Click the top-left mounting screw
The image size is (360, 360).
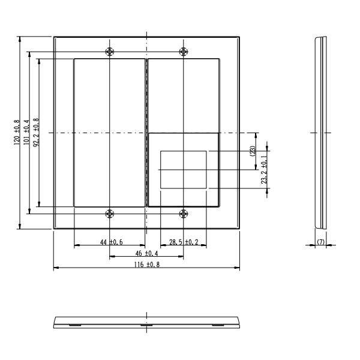110,52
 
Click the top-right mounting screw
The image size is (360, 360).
184,52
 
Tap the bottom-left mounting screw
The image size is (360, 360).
110,214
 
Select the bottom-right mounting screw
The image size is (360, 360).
184,214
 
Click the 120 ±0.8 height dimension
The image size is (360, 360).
17,132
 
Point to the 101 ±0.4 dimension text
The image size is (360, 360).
26,132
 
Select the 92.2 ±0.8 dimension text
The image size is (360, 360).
36,132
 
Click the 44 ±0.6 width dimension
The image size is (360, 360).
112,242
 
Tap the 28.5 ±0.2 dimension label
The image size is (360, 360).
184,242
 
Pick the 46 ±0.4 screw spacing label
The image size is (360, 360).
147,253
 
